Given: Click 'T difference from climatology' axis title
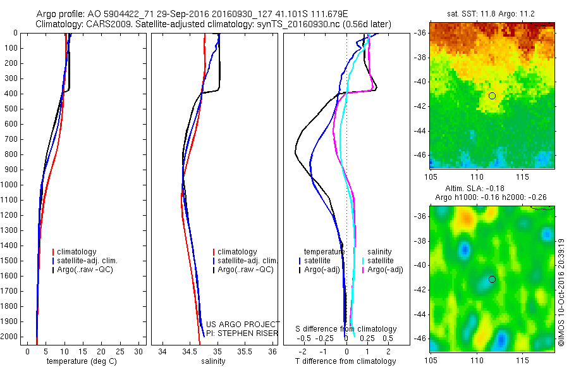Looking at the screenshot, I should pyautogui.click(x=346, y=361).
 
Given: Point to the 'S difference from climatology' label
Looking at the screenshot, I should pyautogui.click(x=346, y=329).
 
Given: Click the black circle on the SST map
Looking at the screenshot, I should pyautogui.click(x=492, y=96).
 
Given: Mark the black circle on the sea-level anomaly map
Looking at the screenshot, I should pyautogui.click(x=492, y=279).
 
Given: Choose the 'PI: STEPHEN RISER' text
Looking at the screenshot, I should pyautogui.click(x=243, y=333).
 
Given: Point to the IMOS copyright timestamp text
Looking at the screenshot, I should pyautogui.click(x=561, y=291).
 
